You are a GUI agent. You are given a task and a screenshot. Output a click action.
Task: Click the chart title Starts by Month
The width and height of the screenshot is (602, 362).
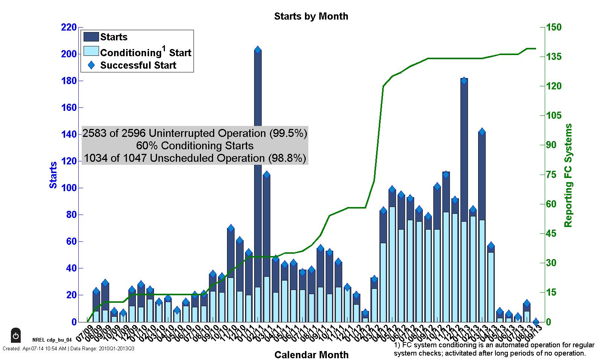pyautogui.click(x=311, y=16)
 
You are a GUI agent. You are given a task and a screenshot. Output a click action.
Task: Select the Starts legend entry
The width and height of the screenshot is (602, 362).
pyautogui.click(x=114, y=37)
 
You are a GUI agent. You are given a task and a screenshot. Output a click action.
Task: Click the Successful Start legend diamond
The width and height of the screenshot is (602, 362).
pyautogui.click(x=91, y=65)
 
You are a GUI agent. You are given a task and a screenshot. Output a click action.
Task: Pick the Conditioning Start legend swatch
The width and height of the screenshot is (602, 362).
pyautogui.click(x=91, y=51)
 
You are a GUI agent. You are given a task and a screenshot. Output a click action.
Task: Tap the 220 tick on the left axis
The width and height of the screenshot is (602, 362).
pyautogui.click(x=69, y=27)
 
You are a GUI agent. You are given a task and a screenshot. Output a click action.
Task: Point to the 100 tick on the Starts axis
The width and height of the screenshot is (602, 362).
pyautogui.click(x=69, y=188)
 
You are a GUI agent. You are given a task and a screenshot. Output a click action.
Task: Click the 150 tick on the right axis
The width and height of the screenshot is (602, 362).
pyautogui.click(x=553, y=27)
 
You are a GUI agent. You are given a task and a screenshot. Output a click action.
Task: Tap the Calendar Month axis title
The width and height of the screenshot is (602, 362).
pyautogui.click(x=311, y=355)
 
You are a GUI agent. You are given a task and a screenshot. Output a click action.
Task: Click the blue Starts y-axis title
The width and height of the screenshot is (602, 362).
pyautogui.click(x=53, y=175)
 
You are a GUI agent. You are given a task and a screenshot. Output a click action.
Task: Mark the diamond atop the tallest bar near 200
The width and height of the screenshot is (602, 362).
pyautogui.click(x=258, y=50)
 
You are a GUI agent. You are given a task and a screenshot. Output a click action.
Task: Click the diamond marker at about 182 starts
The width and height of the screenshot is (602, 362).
pyautogui.click(x=464, y=81)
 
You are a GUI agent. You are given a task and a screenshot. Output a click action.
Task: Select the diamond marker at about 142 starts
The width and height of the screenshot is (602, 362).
pyautogui.click(x=482, y=132)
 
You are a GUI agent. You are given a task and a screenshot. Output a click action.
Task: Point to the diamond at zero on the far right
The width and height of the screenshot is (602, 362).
pyautogui.click(x=536, y=322)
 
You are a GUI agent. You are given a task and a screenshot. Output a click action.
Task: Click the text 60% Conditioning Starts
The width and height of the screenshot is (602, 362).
pyautogui.click(x=195, y=146)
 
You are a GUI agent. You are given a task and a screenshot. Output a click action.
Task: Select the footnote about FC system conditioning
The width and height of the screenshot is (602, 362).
pyautogui.click(x=494, y=349)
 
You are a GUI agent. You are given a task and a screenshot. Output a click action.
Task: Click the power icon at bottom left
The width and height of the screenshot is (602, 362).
pyautogui.click(x=16, y=335)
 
